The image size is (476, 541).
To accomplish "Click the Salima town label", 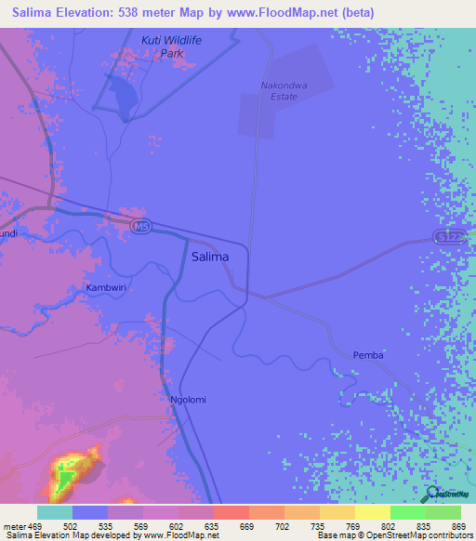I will pos(209,257).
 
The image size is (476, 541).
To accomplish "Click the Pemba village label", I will pos(368,356).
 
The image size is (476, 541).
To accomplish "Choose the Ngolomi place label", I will pos(188,400).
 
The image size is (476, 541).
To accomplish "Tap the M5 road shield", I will pos(140,227).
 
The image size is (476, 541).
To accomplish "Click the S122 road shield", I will pos(447,238).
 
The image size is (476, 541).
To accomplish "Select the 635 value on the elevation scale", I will pos(213,525).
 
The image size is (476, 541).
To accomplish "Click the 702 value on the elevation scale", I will pos(284,525).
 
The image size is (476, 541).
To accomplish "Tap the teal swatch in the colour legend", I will pos(55,512).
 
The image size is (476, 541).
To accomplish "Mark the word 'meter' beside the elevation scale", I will pos(14,525).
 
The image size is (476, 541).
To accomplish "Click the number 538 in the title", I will pos(147,12).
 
